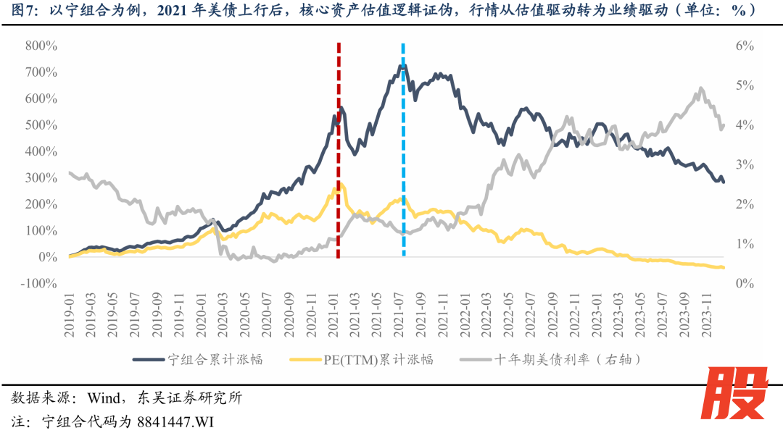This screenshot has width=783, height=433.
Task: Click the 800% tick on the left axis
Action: click(41, 46)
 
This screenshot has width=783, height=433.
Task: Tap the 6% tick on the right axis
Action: click(745, 46)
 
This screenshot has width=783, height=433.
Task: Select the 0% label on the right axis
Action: click(745, 283)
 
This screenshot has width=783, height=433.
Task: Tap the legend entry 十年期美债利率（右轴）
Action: click(567, 360)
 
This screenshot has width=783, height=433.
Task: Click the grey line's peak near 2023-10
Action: click(700, 88)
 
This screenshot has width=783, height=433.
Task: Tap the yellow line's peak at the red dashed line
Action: click(336, 185)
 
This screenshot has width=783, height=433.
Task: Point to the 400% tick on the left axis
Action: click(41, 151)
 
